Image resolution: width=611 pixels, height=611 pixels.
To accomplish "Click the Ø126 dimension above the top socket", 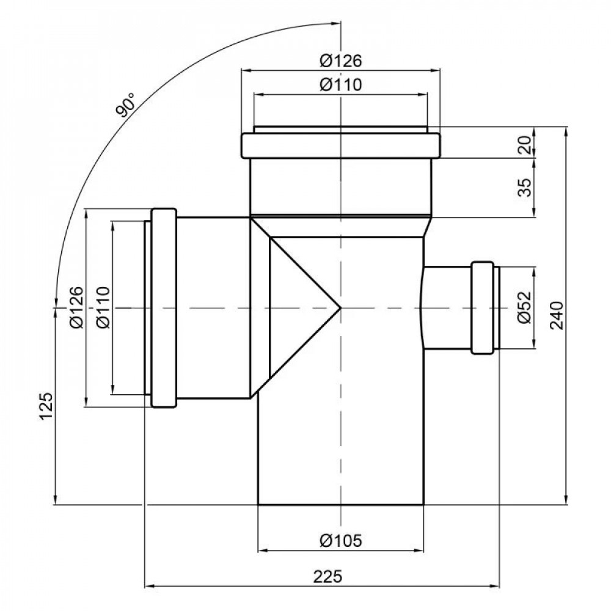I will [x=341, y=61].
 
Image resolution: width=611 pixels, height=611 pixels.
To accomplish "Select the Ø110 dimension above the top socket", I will [x=341, y=85].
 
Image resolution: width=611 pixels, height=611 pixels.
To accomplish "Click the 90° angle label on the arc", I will [x=125, y=105].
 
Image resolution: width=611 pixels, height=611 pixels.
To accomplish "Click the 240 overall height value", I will [x=557, y=315].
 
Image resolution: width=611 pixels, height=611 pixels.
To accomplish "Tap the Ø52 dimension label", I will [x=524, y=308].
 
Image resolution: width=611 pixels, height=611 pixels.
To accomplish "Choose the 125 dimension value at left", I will [x=46, y=406].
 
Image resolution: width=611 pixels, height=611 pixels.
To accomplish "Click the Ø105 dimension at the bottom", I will [x=341, y=540].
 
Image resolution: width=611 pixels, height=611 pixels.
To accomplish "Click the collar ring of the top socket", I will [x=340, y=145].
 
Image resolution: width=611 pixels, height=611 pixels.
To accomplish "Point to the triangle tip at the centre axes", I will [x=340, y=307].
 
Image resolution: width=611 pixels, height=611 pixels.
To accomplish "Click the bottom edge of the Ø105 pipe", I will [x=340, y=505].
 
